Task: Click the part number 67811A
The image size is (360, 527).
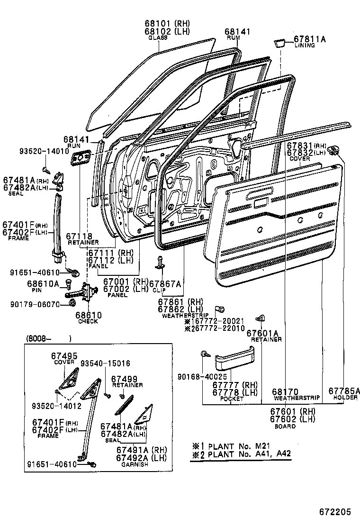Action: click(310, 39)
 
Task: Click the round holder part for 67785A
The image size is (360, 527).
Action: click(337, 151)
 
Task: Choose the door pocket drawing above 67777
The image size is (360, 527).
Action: click(235, 359)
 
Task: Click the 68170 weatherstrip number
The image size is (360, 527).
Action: click(285, 391)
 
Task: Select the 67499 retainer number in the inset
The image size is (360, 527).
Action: click(124, 379)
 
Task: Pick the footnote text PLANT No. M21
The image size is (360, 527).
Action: click(240, 446)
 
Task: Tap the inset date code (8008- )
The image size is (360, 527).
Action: click(47, 338)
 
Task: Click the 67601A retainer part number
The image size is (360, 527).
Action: click(263, 333)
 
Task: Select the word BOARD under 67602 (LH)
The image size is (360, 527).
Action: click(285, 426)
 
